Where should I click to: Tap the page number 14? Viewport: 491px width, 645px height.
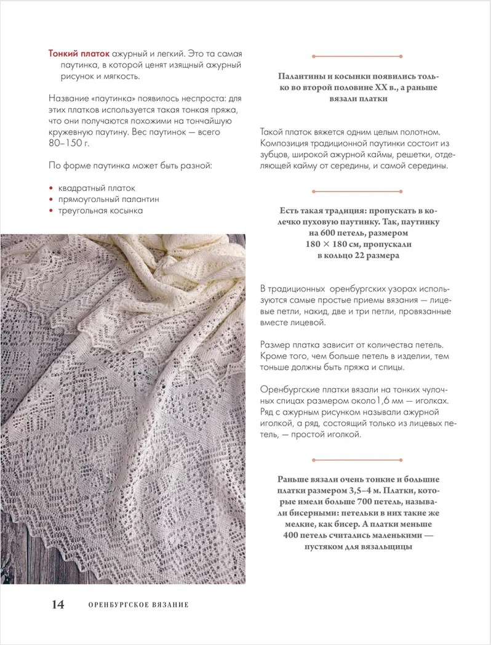[57, 604]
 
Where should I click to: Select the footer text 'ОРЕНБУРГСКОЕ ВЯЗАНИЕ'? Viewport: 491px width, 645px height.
[138, 605]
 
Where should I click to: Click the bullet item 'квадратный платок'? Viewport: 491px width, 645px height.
[96, 188]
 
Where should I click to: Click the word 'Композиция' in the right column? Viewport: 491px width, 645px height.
[285, 144]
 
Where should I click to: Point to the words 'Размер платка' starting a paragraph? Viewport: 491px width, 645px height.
[289, 345]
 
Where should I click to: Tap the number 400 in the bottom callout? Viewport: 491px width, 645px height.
[293, 535]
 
